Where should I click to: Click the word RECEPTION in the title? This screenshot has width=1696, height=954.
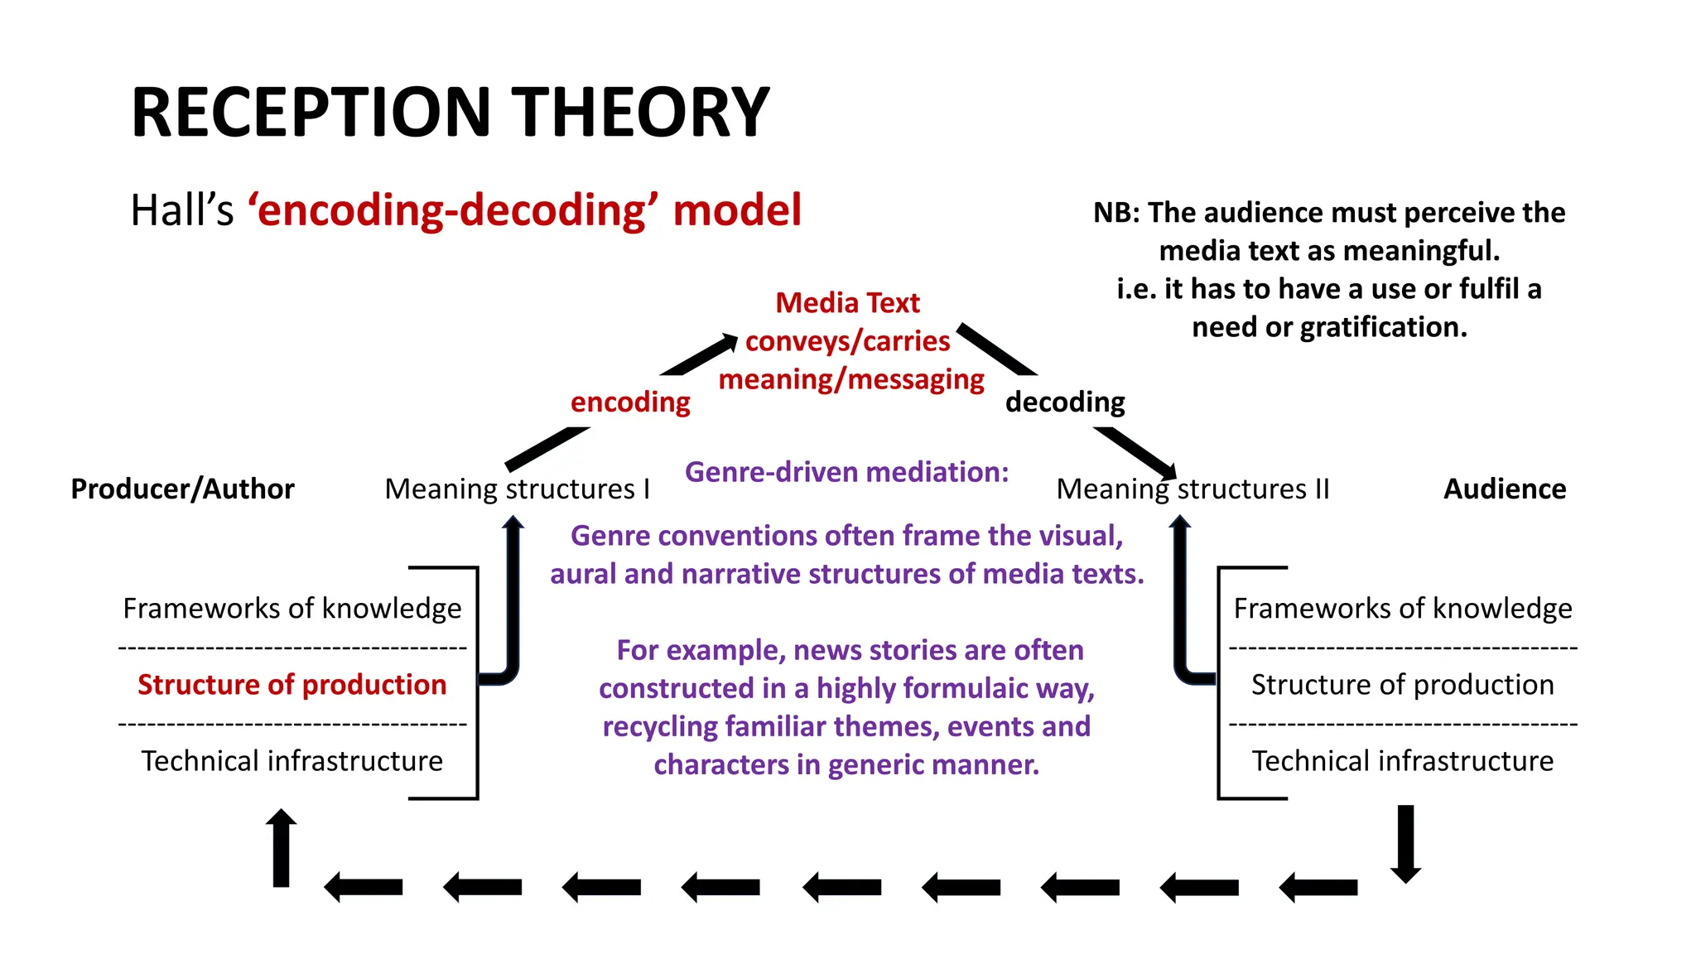coord(311,113)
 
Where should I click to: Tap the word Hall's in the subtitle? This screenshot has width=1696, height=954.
coord(182,210)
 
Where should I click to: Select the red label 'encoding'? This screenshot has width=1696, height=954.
coord(630,402)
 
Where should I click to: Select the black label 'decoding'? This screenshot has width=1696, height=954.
coord(1065,402)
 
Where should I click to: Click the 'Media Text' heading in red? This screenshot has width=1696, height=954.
coord(847,303)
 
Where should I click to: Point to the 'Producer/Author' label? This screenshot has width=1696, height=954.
coord(182,489)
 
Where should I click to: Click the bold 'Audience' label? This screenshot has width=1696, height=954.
coord(1505,489)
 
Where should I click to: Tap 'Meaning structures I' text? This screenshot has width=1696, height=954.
coord(517,489)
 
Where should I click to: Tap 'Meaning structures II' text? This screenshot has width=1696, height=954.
coord(1192,489)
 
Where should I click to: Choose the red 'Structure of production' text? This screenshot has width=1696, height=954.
coord(291,685)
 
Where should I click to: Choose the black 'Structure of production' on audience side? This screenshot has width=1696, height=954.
coord(1402,685)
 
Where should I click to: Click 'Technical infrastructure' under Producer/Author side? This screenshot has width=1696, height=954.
coord(291,761)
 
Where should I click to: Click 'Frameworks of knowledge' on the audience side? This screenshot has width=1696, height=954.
coord(1402,609)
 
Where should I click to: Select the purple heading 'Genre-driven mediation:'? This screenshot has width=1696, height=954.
coord(846,472)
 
